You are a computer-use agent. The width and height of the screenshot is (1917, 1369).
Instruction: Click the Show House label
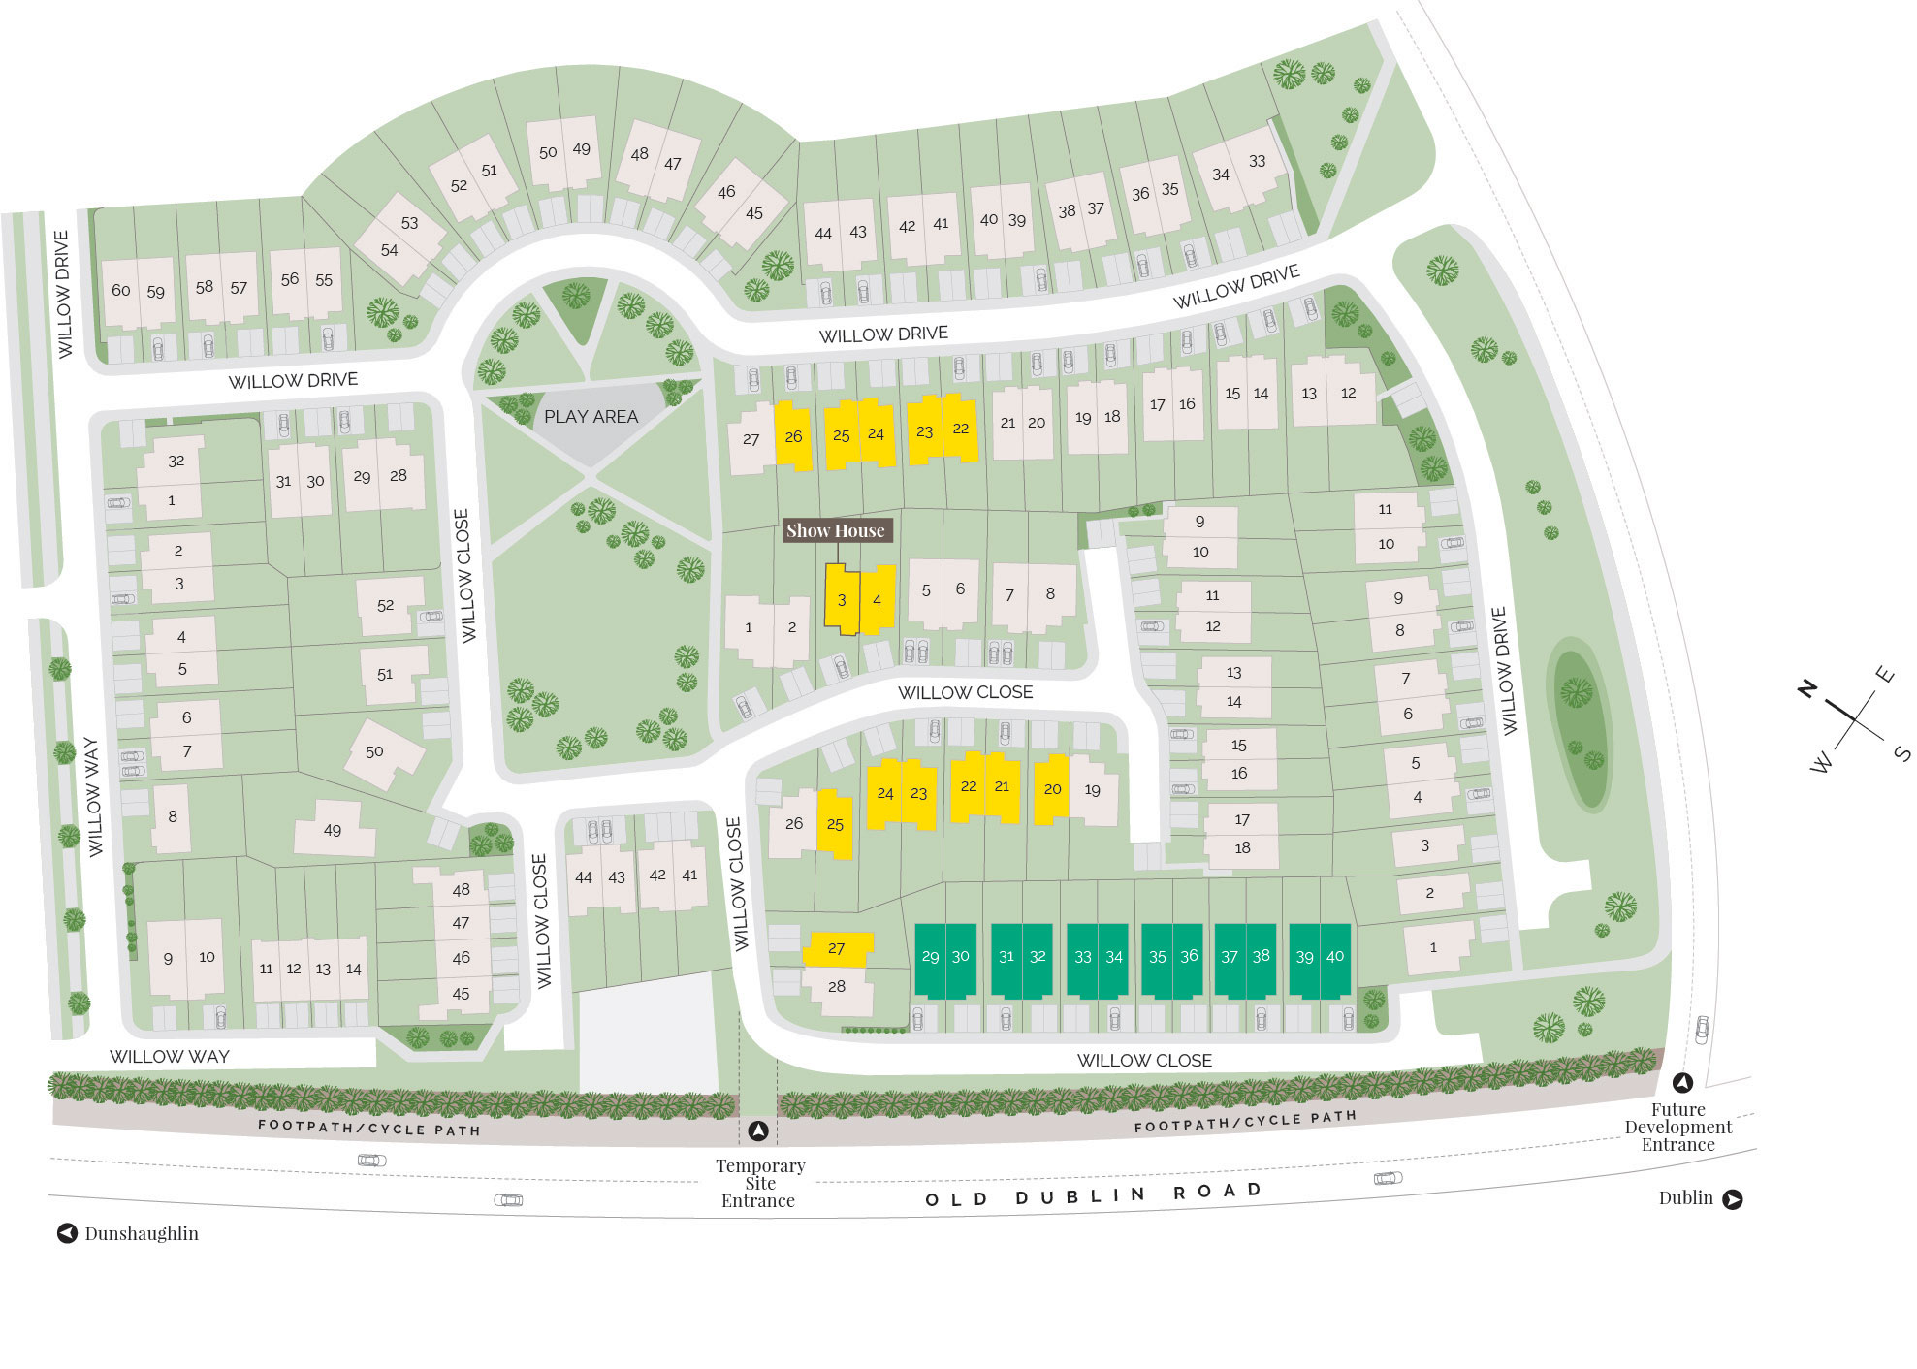click(x=835, y=530)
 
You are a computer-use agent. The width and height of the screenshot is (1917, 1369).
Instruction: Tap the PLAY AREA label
click(x=591, y=417)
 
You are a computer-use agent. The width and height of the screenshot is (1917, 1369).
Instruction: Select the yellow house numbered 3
click(x=841, y=600)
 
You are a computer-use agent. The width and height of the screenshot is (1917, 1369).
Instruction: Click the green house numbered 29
click(x=930, y=957)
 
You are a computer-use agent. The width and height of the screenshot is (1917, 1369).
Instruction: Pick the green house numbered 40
click(x=1335, y=957)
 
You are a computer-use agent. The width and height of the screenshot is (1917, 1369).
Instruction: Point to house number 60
click(x=120, y=290)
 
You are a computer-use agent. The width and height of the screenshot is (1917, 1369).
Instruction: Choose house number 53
click(x=409, y=223)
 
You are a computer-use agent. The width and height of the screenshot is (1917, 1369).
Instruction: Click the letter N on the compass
click(x=1806, y=688)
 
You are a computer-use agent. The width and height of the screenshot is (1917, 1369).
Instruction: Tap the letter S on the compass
click(x=1901, y=753)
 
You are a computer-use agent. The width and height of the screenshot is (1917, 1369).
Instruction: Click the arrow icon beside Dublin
click(x=1733, y=1199)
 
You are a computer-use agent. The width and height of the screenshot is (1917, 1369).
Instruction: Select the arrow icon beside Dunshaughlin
click(x=67, y=1233)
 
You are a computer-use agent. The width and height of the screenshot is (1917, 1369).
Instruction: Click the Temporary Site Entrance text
click(x=759, y=1183)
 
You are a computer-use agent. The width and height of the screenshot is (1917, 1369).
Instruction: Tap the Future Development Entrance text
click(x=1677, y=1127)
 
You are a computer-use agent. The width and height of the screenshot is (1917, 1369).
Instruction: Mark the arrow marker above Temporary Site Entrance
click(x=758, y=1130)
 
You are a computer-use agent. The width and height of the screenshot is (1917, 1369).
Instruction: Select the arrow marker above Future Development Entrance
click(x=1682, y=1083)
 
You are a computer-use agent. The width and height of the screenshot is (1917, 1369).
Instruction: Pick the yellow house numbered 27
click(x=837, y=948)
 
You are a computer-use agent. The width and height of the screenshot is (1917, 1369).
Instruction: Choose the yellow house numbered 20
click(x=1052, y=789)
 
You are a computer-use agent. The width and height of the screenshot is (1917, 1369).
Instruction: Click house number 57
click(x=239, y=288)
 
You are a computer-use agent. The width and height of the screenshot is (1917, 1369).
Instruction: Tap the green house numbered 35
click(x=1157, y=957)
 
